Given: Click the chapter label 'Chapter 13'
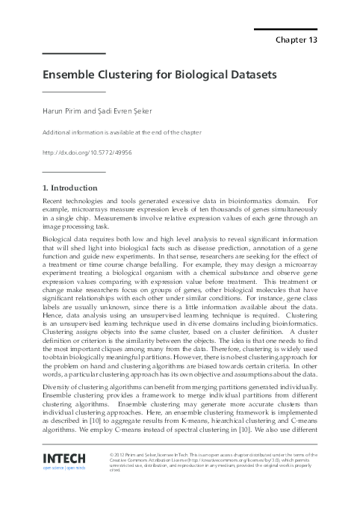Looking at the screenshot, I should click(297, 40).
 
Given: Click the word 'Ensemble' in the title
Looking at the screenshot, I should click(72, 75).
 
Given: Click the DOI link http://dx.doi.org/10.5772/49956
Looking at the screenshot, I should click(88, 152).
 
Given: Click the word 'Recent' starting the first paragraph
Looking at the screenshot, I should click(55, 201).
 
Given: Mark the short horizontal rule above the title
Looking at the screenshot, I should click(74, 54).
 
